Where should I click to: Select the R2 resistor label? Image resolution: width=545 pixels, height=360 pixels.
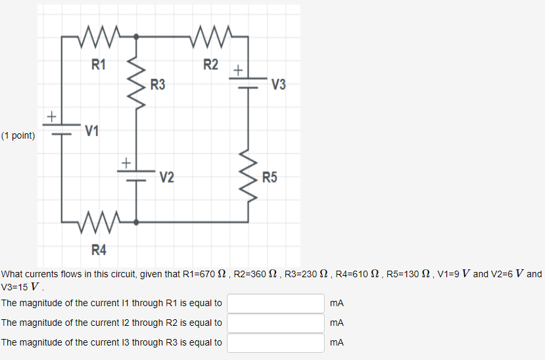[x=210, y=64]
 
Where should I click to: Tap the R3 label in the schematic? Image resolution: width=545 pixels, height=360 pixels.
[x=158, y=85]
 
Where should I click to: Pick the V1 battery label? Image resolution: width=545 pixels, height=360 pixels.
[x=92, y=131]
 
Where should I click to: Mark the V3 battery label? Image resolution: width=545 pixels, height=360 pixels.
[x=278, y=85]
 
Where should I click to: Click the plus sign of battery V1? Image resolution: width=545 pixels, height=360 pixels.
[x=51, y=116]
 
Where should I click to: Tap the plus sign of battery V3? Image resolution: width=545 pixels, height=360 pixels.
[x=238, y=69]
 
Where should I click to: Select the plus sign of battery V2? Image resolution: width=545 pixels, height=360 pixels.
[x=126, y=162]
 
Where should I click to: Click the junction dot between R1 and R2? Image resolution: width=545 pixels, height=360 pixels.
[x=137, y=37]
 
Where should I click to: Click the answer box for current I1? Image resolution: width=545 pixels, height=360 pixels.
[x=276, y=304]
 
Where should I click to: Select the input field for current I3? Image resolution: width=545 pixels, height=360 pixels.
[x=276, y=343]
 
